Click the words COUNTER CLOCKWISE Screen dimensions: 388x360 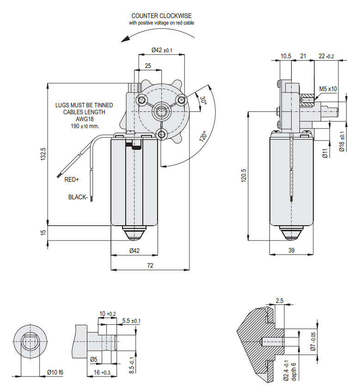click(161, 16)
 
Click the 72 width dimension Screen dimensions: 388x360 click(150, 266)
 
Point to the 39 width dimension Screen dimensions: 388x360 click(292, 250)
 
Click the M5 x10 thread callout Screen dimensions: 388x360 click(328, 89)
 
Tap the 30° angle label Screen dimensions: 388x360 click(203, 99)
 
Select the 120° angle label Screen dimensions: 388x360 click(202, 137)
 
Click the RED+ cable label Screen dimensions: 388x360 click(72, 179)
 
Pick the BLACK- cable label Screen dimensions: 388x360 click(78, 197)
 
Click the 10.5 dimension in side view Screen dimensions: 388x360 click(286, 56)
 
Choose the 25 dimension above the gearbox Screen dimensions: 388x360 click(148, 66)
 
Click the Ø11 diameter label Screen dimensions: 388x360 click(325, 153)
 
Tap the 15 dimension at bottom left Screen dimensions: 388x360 click(43, 233)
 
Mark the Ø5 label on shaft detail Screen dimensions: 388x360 click(93, 359)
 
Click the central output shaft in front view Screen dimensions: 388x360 click(162, 111)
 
